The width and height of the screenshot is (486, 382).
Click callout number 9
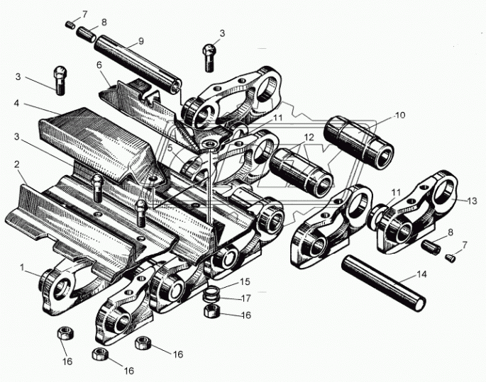[x=140, y=40]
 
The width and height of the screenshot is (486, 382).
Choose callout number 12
[x=308, y=136]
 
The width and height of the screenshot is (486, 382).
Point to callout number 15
[x=245, y=281]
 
